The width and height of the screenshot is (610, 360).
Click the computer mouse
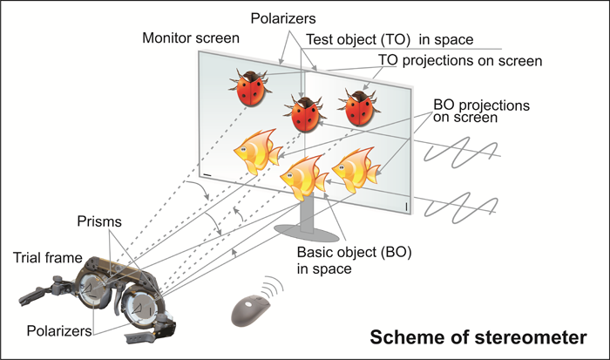(x=251, y=310)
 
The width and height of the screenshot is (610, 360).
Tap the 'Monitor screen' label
(x=191, y=38)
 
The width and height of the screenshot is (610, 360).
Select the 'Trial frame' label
(x=47, y=258)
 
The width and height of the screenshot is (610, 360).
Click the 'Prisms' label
(x=99, y=221)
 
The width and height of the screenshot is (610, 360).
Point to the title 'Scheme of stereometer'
(x=478, y=337)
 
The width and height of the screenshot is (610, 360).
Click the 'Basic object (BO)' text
(x=354, y=252)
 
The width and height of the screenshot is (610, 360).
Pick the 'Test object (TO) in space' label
(x=390, y=40)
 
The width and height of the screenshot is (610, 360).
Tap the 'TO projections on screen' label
(x=460, y=61)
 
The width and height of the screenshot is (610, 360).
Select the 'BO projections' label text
(x=481, y=105)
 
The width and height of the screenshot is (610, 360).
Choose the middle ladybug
(x=305, y=114)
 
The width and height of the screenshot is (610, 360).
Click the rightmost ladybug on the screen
(x=359, y=108)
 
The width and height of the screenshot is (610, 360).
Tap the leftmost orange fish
(x=257, y=152)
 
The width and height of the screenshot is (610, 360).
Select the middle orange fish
(x=304, y=177)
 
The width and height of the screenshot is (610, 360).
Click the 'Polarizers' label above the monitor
(x=283, y=18)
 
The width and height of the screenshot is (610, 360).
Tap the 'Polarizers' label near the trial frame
(x=59, y=331)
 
